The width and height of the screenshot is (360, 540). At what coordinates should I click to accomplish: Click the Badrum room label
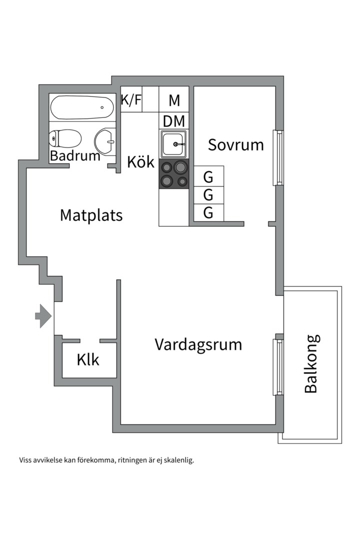coord(75,155)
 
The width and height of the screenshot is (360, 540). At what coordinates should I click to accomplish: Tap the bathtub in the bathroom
coord(82,107)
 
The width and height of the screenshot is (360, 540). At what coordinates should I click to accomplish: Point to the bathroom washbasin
coord(106,142)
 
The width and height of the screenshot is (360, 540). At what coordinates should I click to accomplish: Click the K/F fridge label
coord(131,100)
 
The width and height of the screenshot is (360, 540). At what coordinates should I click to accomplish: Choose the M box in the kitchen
coord(174,100)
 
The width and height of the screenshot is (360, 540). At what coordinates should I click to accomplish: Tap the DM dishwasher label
coord(174,121)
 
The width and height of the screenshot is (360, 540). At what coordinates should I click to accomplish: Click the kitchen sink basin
coord(173,144)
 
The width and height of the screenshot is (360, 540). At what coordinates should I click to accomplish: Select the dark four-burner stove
coord(173,174)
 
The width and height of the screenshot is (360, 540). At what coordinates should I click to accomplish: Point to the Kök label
coord(140,162)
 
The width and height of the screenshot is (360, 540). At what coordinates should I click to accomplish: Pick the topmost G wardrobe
coord(208,177)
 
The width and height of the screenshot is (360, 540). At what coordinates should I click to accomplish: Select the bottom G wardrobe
coord(208,213)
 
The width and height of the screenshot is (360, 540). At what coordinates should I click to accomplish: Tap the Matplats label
coord(91,215)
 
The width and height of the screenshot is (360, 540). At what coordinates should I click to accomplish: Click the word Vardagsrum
coord(198,345)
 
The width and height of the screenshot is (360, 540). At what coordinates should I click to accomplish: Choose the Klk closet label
coord(88,360)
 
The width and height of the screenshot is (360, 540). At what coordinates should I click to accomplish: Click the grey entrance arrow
coord(43,315)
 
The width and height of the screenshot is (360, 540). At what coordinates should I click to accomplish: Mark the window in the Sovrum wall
coord(277,157)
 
